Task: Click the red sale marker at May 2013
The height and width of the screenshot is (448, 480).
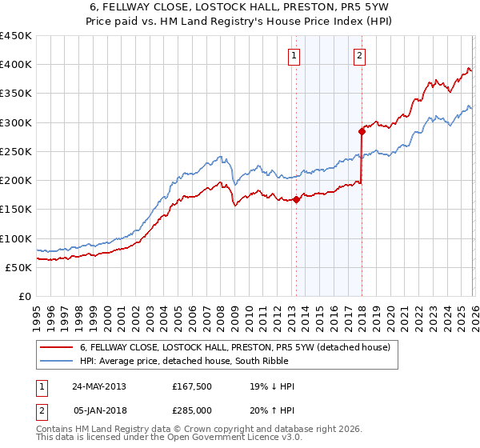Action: [x=296, y=200]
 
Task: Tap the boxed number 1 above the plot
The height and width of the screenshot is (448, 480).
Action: [x=294, y=55]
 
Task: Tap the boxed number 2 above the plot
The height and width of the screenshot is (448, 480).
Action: [x=360, y=55]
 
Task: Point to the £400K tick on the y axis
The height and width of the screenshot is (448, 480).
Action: [x=16, y=65]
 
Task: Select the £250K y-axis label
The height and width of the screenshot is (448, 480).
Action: [x=16, y=151]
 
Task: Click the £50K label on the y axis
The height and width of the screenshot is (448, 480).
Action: [x=19, y=267]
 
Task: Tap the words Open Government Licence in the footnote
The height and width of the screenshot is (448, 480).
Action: [x=241, y=438]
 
